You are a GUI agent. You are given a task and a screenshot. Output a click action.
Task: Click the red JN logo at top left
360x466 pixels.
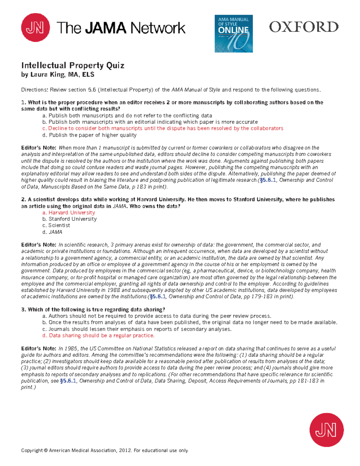click(35, 28)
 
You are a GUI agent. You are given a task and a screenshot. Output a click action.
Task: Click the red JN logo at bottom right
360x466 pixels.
click(326, 430)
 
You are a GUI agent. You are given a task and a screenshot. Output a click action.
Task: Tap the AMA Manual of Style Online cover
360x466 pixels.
click(233, 34)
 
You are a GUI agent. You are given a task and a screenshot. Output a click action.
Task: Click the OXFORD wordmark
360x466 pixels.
click(304, 27)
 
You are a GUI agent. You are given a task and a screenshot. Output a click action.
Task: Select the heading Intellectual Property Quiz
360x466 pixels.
click(73, 65)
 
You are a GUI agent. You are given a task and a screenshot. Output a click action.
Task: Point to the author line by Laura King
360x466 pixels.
click(58, 74)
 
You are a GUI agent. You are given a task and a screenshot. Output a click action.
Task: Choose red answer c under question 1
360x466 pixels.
click(163, 128)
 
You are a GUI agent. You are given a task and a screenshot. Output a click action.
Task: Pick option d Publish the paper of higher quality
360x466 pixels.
click(89, 135)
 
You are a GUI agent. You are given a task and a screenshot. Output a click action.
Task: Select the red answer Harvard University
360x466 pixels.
click(69, 212)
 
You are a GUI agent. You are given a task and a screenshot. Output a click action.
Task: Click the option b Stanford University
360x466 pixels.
click(70, 219)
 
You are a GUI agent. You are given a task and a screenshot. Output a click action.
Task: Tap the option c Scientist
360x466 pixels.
click(56, 225)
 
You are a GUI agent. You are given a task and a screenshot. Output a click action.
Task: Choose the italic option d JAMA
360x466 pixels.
click(52, 232)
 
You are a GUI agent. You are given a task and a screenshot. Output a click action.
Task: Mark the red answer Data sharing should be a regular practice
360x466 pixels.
click(98, 335)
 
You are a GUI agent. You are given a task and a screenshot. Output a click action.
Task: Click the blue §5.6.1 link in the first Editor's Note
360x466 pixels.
click(268, 180)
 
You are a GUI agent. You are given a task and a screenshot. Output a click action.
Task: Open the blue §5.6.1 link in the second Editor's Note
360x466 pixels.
click(157, 296)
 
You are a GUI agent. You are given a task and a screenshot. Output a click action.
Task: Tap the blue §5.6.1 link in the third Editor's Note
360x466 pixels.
click(68, 381)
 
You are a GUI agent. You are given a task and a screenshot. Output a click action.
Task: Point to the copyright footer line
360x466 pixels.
click(105, 450)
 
